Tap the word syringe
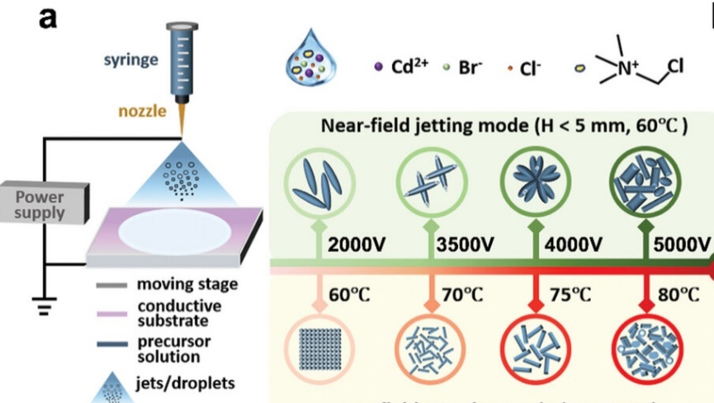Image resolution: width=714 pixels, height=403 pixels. (x=130, y=62)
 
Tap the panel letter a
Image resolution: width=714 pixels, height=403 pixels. (x=51, y=17)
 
